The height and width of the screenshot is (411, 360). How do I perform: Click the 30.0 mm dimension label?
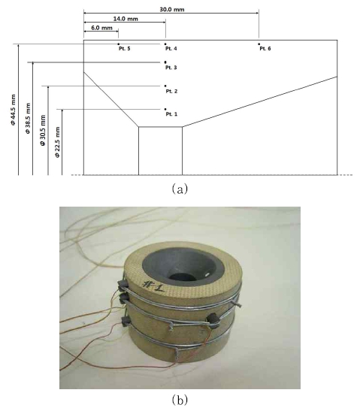172,10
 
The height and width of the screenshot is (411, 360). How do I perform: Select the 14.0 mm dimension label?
126,19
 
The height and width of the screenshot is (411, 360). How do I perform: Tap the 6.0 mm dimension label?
101,28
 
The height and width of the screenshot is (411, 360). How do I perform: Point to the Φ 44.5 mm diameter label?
14,110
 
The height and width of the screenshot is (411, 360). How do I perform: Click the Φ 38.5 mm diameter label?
28,119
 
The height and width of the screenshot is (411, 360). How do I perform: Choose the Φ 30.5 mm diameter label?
43,130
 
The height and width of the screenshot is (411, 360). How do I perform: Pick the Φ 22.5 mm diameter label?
57,142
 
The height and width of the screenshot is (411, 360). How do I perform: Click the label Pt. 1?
171,114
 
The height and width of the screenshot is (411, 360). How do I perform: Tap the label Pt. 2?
171,91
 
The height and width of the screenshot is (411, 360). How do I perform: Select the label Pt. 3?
171,68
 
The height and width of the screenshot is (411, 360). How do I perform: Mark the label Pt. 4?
171,49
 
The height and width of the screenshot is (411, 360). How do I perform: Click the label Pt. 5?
124,49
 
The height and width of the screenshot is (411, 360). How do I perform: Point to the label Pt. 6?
265,49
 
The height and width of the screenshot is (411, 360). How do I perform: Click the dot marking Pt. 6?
259,44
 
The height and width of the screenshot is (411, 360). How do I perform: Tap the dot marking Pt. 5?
118,44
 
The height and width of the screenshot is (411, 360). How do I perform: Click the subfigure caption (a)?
180,189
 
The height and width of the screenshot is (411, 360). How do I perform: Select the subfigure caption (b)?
180,400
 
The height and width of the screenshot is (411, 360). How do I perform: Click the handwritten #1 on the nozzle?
153,286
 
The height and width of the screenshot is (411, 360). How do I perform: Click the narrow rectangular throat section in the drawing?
161,151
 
